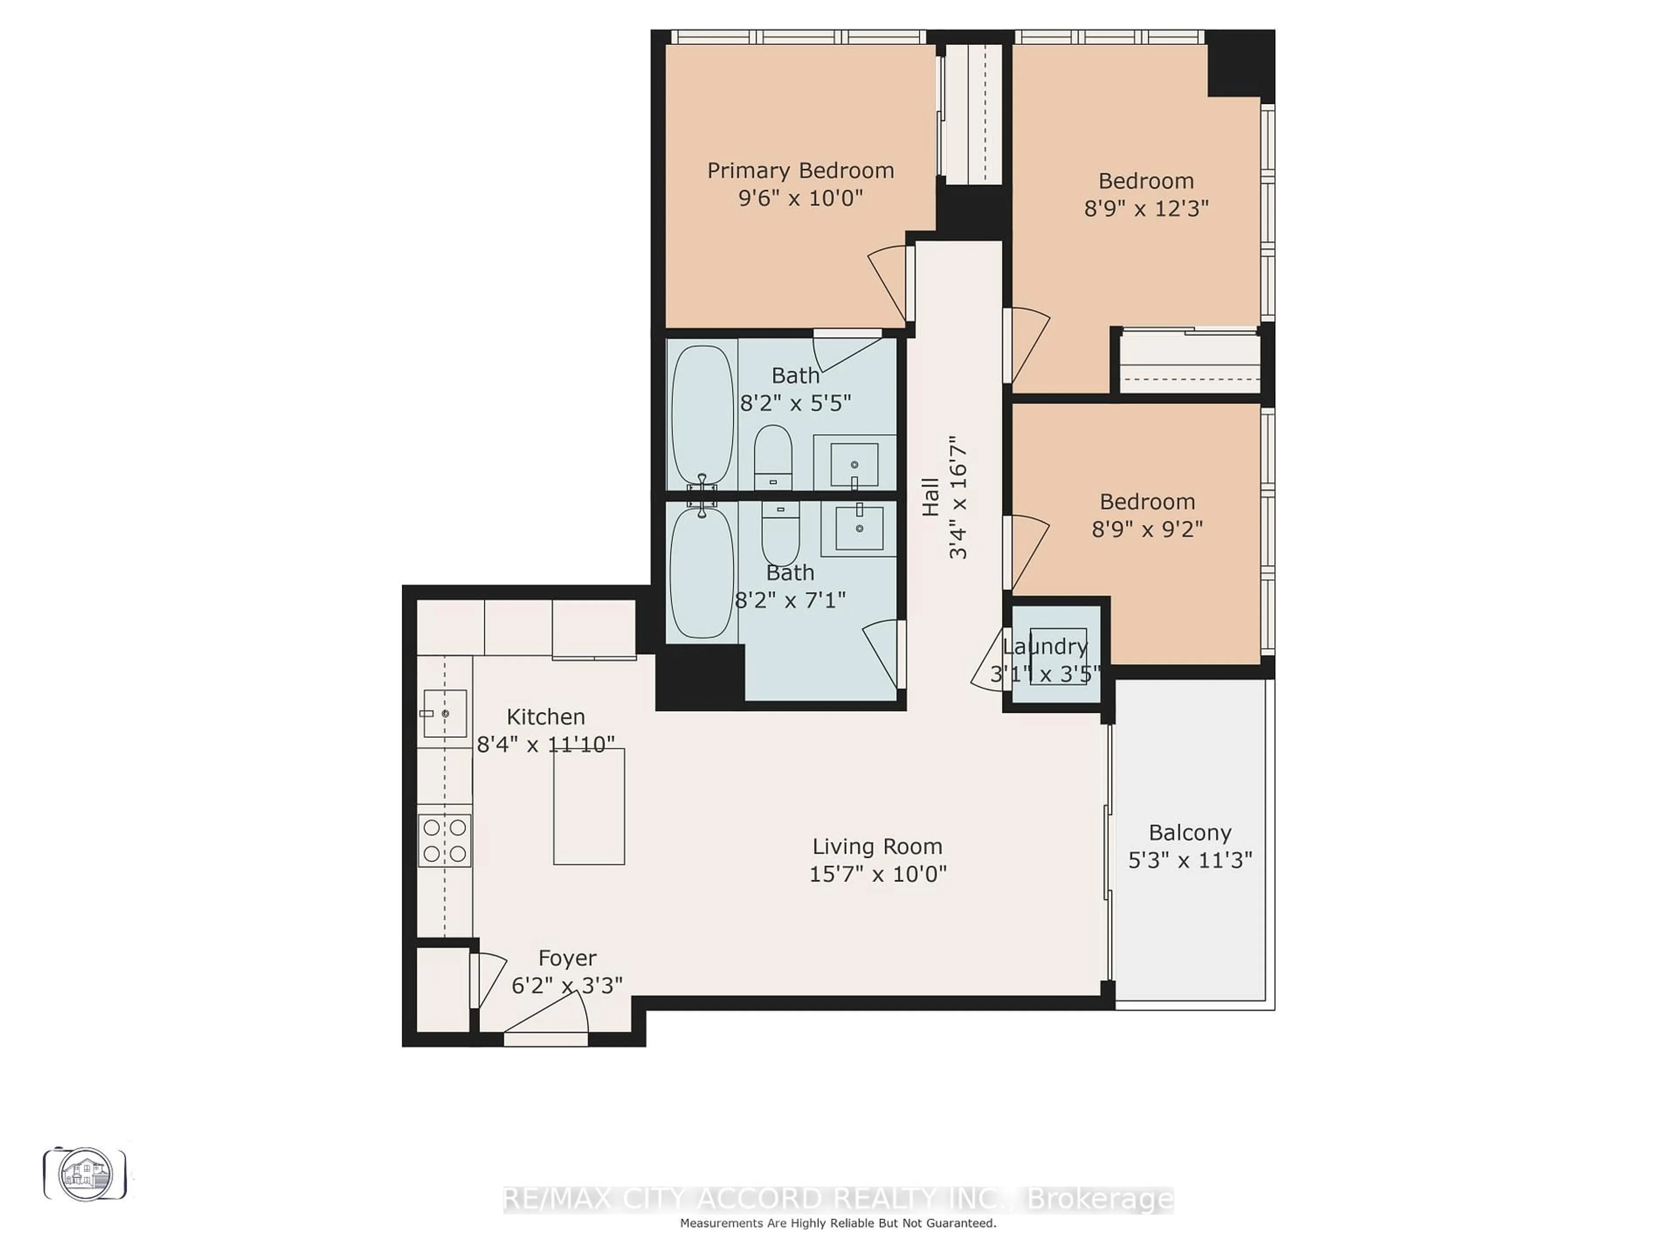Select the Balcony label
click(1190, 833)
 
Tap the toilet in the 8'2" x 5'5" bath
click(773, 457)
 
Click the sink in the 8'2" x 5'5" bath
click(854, 464)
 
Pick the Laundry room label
click(1045, 647)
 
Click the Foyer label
click(567, 958)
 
